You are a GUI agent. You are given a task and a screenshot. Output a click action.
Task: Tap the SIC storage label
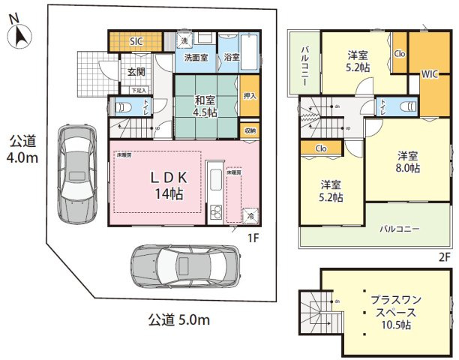[x=136, y=42]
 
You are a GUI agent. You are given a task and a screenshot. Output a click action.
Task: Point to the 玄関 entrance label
[x=136, y=73]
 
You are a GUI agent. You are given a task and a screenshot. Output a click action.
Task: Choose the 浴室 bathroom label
[x=231, y=58]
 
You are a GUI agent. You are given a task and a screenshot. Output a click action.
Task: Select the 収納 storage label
[x=249, y=130]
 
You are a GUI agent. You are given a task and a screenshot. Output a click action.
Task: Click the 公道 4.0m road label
[x=25, y=150]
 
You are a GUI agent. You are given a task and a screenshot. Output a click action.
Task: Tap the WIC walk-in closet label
[x=430, y=75]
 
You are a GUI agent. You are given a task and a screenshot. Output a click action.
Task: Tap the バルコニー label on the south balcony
[x=398, y=228]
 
